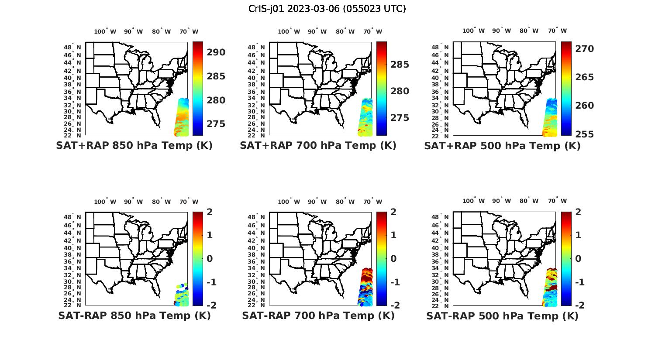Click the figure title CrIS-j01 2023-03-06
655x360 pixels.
point(327,9)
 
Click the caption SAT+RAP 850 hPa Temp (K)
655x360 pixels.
point(134,146)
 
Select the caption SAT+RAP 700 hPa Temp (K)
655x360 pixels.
point(318,146)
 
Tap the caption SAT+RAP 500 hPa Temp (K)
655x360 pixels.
point(502,146)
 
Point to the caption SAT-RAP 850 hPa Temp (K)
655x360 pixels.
point(134,315)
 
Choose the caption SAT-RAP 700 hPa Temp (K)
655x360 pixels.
point(318,315)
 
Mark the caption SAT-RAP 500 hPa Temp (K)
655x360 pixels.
point(502,316)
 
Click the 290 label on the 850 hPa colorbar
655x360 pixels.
point(216,52)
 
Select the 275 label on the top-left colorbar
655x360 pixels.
point(216,124)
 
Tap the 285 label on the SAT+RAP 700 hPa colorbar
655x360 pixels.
point(400,65)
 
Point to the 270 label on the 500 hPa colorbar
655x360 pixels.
point(584,49)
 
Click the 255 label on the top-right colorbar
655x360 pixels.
point(584,134)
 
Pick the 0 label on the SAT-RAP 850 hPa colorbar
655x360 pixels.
point(209,258)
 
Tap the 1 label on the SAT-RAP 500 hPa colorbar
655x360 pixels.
point(578,235)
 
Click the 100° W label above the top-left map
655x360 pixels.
point(105,31)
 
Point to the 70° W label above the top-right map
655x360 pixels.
point(557,31)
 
